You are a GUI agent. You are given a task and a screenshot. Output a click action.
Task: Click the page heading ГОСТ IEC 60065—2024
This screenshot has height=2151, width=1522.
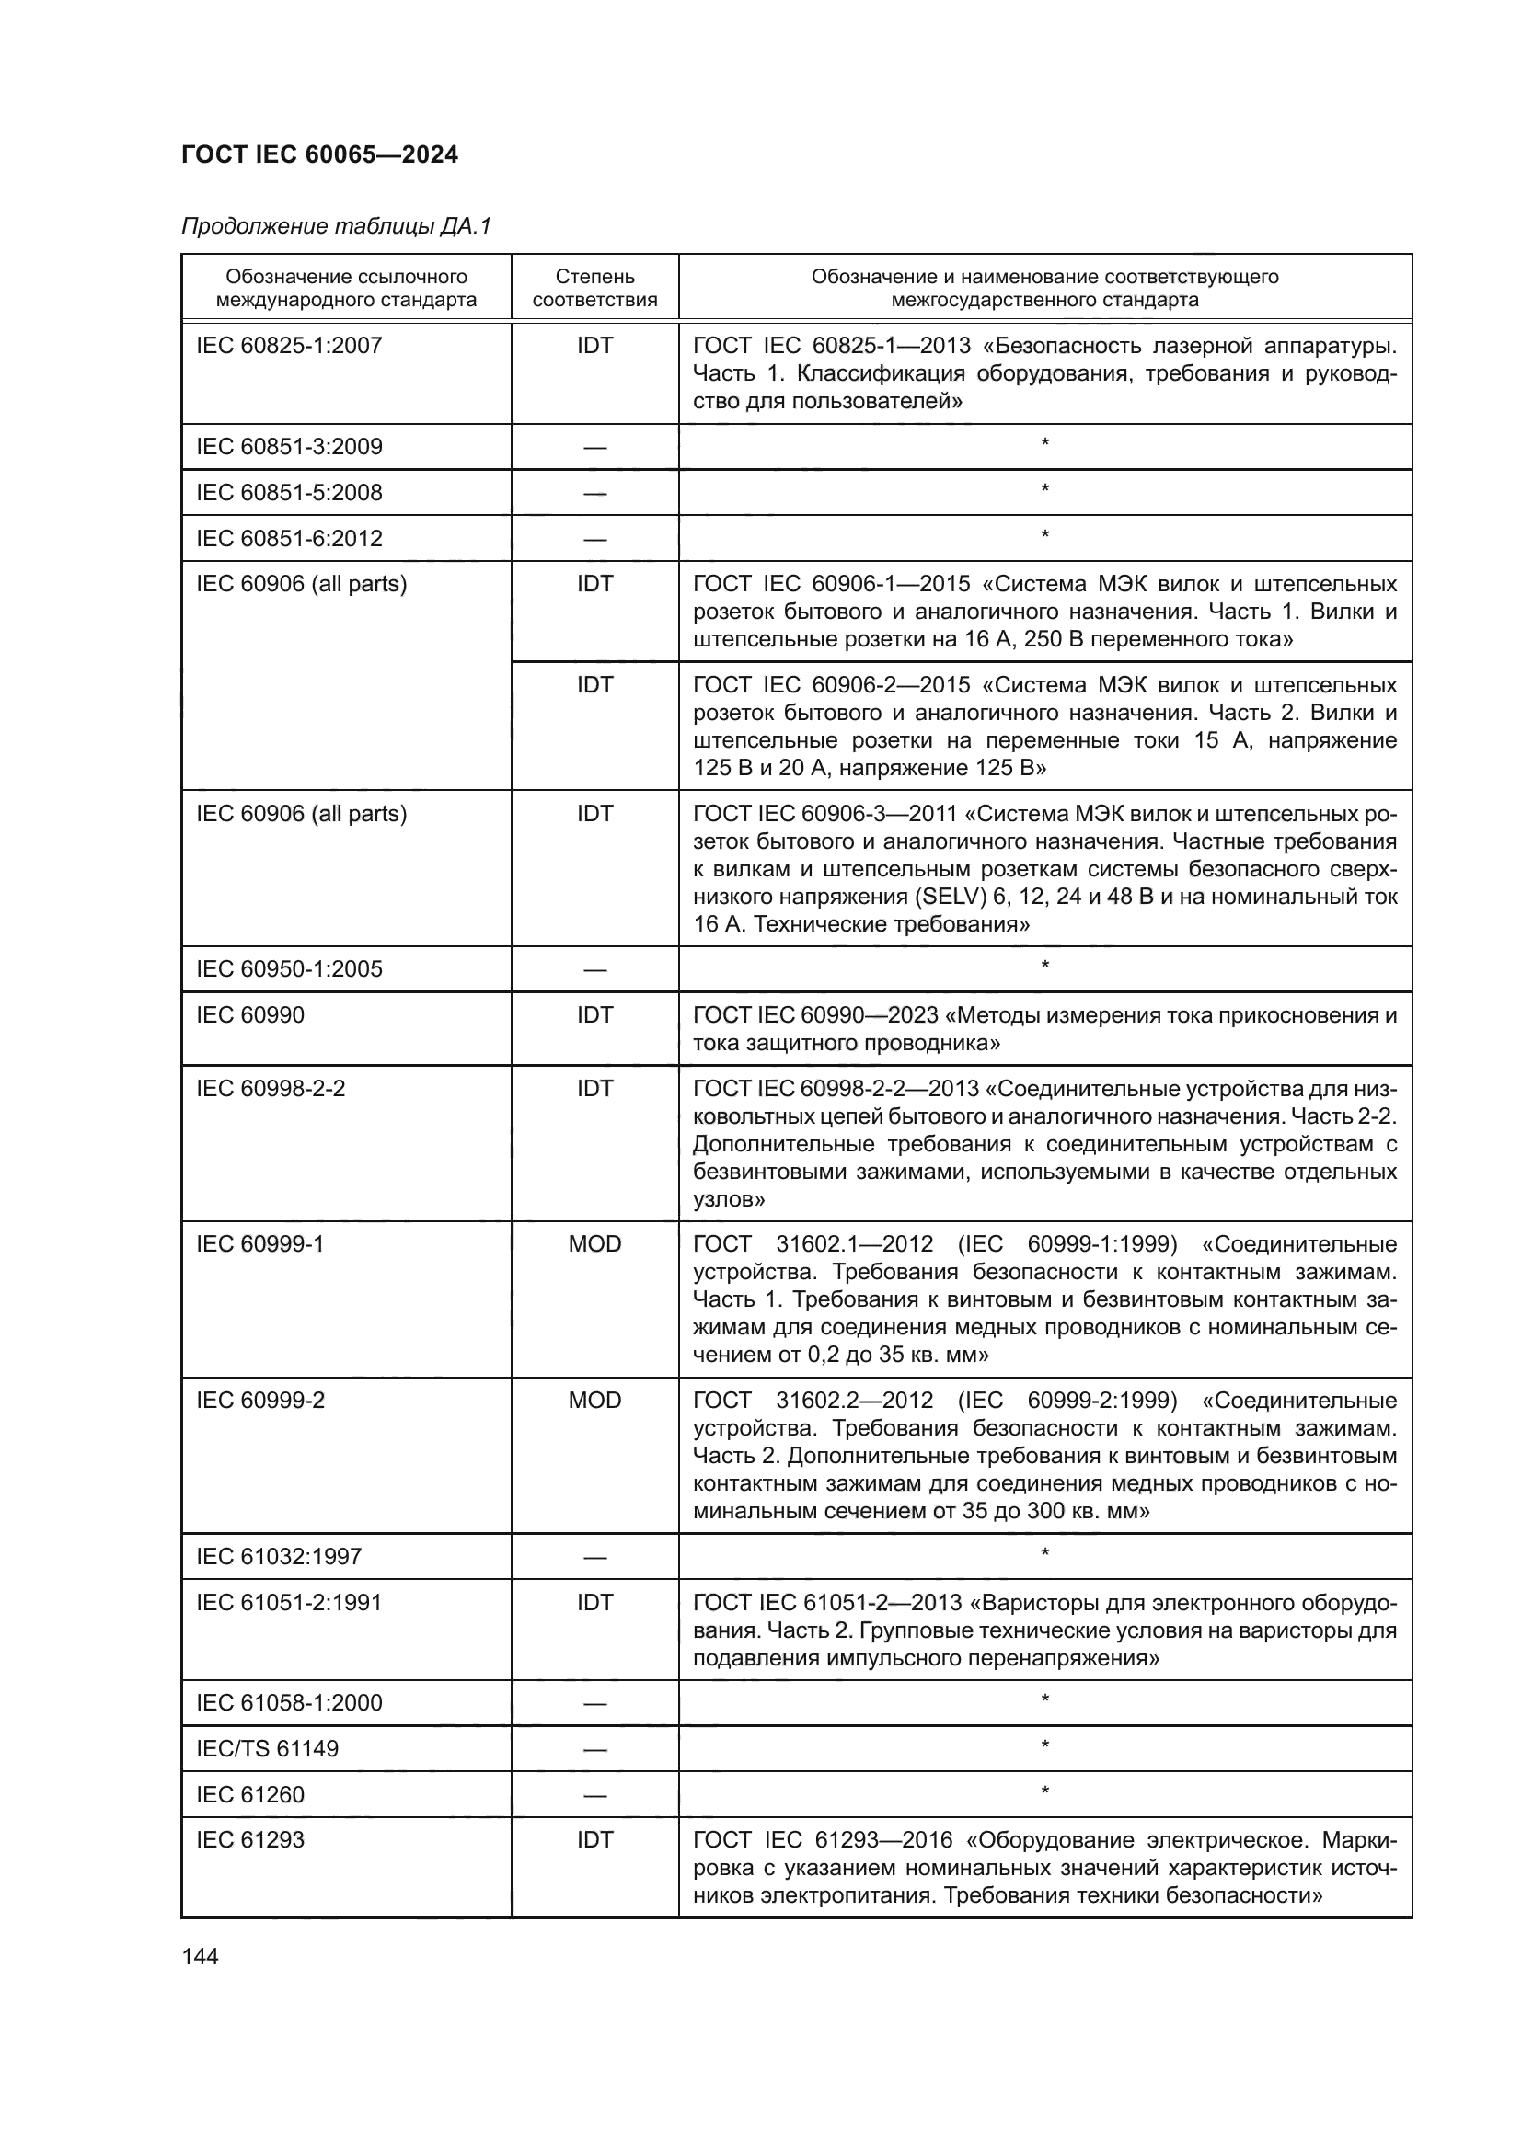tap(319, 154)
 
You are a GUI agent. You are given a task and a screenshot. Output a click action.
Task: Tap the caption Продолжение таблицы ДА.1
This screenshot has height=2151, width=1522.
tap(336, 226)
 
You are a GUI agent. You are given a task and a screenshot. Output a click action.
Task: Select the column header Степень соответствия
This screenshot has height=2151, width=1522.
tap(594, 288)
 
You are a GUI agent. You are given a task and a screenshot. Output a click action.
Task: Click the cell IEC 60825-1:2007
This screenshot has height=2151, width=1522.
tap(289, 346)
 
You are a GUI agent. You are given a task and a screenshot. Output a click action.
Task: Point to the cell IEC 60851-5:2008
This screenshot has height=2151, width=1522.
tap(289, 493)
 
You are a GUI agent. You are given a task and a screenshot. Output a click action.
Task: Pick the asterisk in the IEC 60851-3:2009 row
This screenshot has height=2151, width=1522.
tap(1044, 443)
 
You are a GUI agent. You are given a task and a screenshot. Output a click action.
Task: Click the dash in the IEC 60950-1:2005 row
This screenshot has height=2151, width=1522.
tap(594, 970)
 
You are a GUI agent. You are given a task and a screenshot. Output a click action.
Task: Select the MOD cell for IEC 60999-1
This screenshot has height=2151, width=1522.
tap(594, 1244)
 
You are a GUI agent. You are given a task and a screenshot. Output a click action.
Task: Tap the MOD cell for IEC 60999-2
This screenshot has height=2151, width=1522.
tap(594, 1401)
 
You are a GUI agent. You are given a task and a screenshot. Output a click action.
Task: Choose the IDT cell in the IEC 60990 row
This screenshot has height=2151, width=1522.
tap(594, 1015)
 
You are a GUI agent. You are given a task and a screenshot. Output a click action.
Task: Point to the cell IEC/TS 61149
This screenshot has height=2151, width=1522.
tap(267, 1749)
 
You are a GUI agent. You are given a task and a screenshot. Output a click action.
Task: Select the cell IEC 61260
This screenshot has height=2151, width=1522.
tap(250, 1795)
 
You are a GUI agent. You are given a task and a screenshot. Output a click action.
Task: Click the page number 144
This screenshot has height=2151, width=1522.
tap(200, 1956)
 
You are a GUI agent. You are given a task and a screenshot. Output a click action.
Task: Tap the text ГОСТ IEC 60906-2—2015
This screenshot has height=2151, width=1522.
tap(831, 686)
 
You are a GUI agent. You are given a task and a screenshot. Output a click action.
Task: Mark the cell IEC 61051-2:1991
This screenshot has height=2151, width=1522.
tap(289, 1603)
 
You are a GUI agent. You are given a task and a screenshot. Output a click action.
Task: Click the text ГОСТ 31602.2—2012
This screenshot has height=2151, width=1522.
tap(813, 1401)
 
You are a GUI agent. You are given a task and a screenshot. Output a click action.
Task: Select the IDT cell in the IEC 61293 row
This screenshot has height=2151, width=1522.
tap(594, 1840)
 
